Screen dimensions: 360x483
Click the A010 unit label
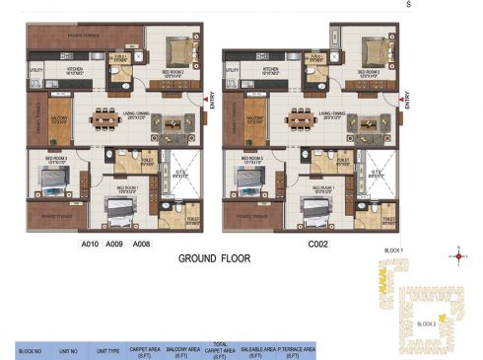(91, 242)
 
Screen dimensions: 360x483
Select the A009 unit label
(114, 242)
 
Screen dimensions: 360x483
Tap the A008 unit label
(141, 242)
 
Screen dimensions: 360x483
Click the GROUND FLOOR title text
(214, 259)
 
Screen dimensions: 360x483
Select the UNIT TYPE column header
(107, 350)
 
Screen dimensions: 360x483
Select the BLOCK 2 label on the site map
(426, 324)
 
